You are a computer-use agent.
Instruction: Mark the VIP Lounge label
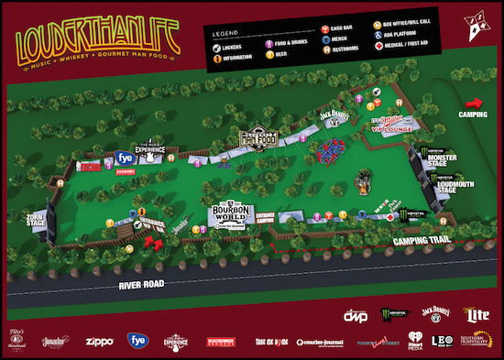tap(393, 128)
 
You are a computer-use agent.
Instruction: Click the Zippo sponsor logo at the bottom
tap(97, 341)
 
